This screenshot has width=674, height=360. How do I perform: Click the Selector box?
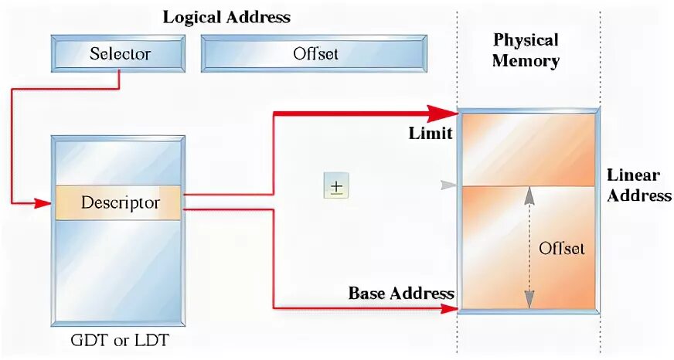[x=119, y=54]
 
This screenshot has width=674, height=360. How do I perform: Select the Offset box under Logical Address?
[x=315, y=54]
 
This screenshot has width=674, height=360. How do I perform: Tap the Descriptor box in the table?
[x=120, y=203]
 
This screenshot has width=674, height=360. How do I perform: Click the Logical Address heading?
[x=226, y=18]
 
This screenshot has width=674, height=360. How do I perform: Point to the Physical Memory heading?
[x=526, y=50]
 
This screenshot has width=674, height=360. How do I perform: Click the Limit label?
[x=430, y=134]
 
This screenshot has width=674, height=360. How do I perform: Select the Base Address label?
[x=401, y=294]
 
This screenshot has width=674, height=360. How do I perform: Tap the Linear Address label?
[x=638, y=185]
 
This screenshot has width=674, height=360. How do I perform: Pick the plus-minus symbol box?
[x=336, y=186]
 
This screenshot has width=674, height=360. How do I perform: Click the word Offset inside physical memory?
[x=562, y=248]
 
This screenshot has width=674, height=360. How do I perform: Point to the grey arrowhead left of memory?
[x=447, y=185]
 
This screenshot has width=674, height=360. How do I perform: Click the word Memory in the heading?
[x=526, y=61]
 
